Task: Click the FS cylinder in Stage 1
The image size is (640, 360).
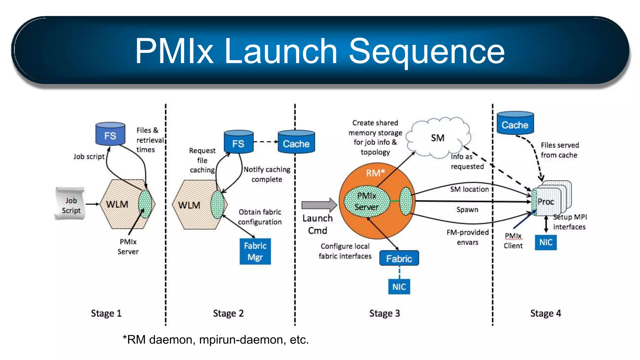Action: click(110, 134)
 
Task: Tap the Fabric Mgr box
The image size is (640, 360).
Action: click(255, 251)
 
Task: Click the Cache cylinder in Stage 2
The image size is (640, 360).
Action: click(296, 142)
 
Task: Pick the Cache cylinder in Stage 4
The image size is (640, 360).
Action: click(515, 124)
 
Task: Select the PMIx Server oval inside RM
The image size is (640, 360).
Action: click(367, 201)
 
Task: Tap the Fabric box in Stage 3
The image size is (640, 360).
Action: click(399, 258)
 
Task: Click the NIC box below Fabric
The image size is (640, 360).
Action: click(399, 287)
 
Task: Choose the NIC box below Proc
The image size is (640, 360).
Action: click(546, 242)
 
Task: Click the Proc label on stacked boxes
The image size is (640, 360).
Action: click(546, 202)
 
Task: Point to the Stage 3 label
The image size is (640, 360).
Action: click(384, 313)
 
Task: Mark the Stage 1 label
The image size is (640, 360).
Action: click(106, 313)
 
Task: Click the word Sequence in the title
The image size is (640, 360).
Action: click(426, 51)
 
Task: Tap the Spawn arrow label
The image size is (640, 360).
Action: click(467, 210)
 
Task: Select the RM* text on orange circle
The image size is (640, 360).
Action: click(375, 173)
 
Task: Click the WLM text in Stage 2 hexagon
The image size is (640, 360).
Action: click(189, 205)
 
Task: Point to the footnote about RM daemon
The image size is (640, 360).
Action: click(216, 339)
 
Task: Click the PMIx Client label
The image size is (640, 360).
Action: click(513, 241)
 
